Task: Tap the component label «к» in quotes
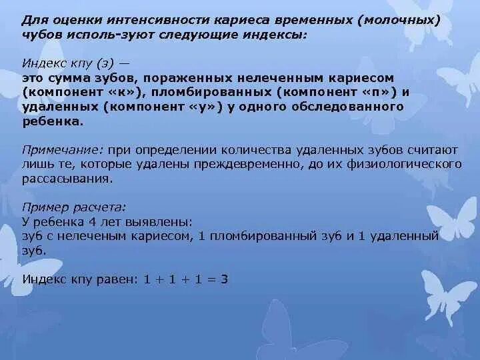click(123, 91)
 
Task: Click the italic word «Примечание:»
click(61, 149)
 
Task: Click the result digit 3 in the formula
click(225, 280)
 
